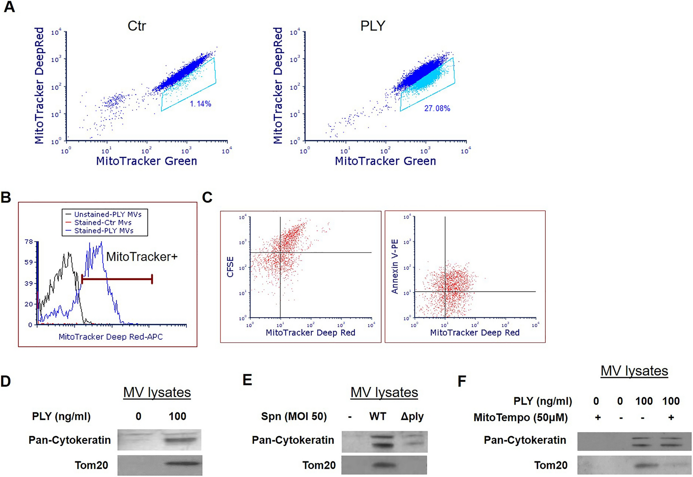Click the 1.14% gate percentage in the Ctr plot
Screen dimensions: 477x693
point(200,104)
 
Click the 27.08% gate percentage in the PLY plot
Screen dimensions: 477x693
point(437,108)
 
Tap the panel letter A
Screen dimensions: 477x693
point(9,7)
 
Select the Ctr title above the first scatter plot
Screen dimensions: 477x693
point(137,26)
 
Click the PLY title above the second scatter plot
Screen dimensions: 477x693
point(373,26)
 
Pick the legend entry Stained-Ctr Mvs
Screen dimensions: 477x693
point(103,222)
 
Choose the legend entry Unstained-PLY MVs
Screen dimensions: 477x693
point(108,214)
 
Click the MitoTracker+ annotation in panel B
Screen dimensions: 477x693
point(142,257)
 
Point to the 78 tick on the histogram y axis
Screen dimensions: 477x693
point(29,242)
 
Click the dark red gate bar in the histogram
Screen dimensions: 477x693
point(117,279)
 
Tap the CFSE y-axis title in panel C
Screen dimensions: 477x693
point(230,267)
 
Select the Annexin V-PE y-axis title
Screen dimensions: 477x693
point(395,267)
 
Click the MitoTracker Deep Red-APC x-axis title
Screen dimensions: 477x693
point(110,337)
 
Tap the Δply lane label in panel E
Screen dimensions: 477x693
point(412,416)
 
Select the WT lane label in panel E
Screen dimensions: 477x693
point(377,416)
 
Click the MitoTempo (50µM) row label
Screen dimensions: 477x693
point(520,417)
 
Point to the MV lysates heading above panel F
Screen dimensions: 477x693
point(634,371)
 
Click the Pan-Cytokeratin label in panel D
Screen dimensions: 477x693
point(70,440)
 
